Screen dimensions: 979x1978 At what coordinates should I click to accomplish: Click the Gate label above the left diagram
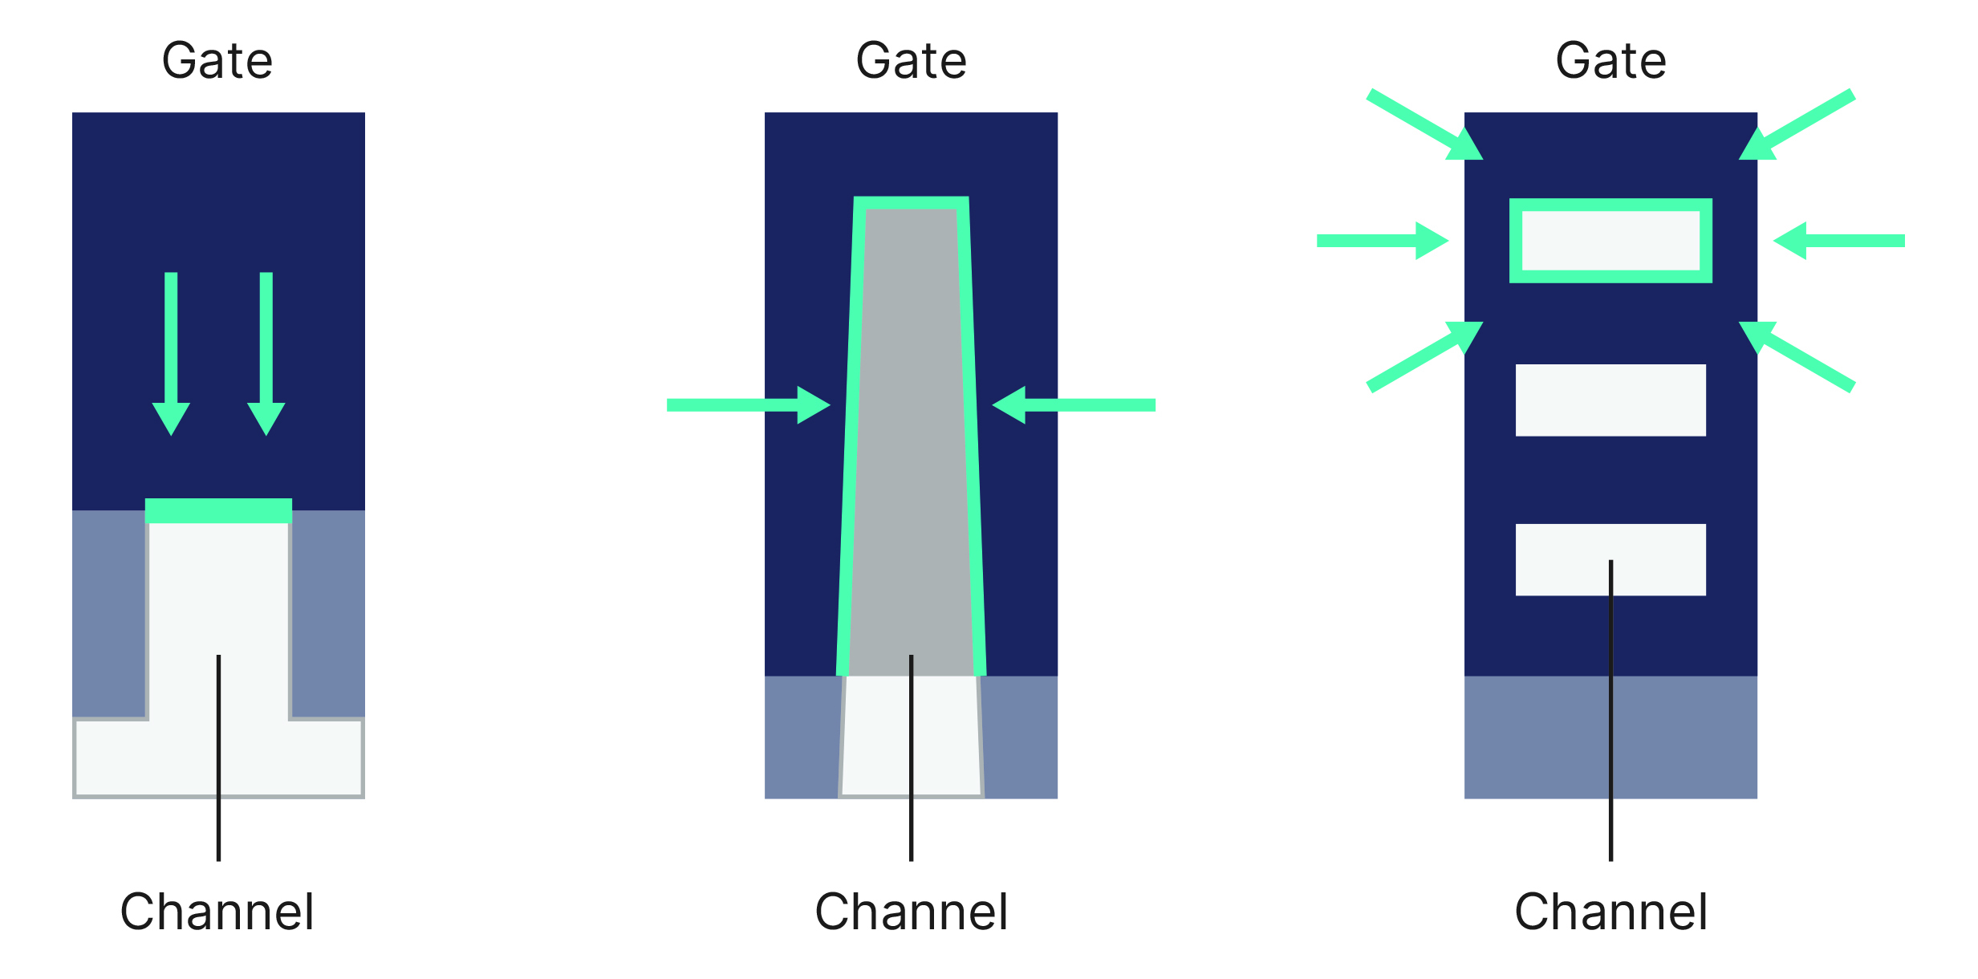click(217, 61)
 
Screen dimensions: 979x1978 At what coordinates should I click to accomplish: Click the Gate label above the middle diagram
click(911, 61)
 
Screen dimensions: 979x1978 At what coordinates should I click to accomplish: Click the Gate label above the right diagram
click(1610, 61)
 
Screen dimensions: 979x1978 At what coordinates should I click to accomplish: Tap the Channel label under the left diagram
click(217, 912)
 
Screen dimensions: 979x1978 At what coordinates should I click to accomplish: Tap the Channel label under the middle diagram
click(911, 912)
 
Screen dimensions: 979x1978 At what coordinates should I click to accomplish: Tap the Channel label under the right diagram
click(1610, 912)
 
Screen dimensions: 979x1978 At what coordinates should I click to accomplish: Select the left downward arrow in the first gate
click(171, 353)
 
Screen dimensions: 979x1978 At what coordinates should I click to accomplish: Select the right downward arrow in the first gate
click(266, 353)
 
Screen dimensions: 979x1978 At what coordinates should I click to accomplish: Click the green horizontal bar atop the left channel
click(218, 510)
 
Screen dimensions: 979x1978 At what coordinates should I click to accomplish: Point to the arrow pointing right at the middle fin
click(746, 405)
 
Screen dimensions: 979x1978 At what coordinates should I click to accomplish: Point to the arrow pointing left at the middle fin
click(1075, 405)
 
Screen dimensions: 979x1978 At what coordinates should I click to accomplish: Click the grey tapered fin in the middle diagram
click(911, 441)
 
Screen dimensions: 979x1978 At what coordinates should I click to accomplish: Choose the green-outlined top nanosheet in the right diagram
click(1610, 241)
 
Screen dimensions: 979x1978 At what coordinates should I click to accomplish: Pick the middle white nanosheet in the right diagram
click(1610, 400)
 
